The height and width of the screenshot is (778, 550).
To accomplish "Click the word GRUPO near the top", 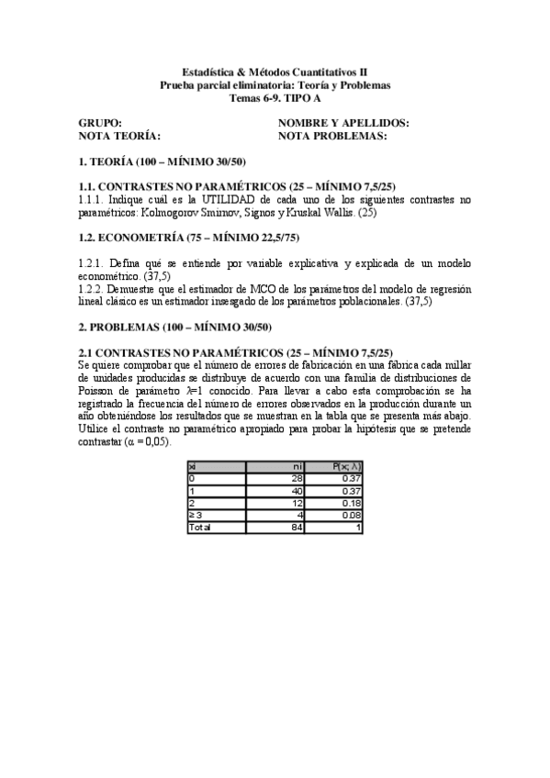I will click(100, 123).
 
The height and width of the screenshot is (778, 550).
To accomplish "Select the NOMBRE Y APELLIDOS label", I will click(342, 123).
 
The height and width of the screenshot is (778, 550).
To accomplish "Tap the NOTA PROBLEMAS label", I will click(331, 136).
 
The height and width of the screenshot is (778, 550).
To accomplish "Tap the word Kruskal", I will click(309, 212).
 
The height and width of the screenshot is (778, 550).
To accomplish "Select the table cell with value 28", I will click(297, 478).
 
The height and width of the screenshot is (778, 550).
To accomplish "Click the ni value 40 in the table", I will click(297, 491).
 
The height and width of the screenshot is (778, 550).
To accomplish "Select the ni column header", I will click(297, 466).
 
